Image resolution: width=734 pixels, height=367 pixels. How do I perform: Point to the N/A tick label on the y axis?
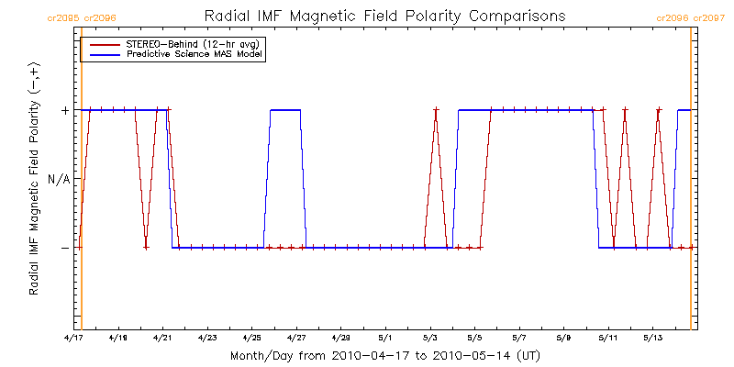pyautogui.click(x=58, y=179)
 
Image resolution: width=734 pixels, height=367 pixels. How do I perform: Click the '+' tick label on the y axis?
pyautogui.click(x=64, y=110)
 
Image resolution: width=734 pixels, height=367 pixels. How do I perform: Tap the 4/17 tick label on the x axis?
pyautogui.click(x=74, y=339)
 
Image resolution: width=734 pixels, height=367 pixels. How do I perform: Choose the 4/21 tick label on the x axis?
pyautogui.click(x=163, y=339)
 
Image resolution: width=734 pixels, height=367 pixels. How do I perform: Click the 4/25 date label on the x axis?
pyautogui.click(x=252, y=339)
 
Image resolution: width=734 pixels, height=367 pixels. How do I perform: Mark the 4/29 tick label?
pyautogui.click(x=340, y=339)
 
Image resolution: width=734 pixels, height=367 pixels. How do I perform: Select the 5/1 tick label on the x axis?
pyautogui.click(x=385, y=339)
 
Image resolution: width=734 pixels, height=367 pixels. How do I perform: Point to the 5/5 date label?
pyautogui.click(x=474, y=339)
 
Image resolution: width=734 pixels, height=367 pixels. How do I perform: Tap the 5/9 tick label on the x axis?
pyautogui.click(x=563, y=339)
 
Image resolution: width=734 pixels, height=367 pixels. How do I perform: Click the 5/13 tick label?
pyautogui.click(x=651, y=339)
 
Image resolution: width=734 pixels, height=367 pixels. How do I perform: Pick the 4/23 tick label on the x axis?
pyautogui.click(x=207, y=339)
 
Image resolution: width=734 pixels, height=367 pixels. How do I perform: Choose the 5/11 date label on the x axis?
pyautogui.click(x=607, y=339)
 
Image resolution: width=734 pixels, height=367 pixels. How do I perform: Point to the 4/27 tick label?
pyautogui.click(x=296, y=339)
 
